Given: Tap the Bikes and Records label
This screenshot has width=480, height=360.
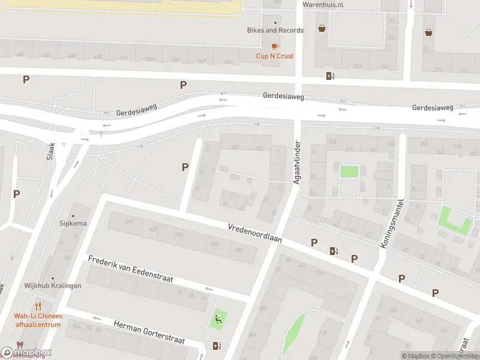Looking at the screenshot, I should point(275,30).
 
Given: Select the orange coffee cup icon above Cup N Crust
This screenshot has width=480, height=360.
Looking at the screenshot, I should point(275,46).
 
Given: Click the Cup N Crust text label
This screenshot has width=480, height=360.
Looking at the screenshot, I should point(275,56).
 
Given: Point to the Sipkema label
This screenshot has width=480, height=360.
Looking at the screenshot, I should point(73,223).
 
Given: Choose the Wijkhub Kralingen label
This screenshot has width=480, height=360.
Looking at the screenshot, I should point(53,286).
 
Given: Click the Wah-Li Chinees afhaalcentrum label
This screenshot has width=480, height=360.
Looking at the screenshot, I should point(38,320).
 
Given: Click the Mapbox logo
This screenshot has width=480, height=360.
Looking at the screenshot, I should point(26,352).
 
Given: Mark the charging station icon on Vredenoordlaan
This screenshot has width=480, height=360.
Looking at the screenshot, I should point(333,251).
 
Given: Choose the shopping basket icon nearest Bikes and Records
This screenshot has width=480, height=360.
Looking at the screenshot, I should point(322,28).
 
